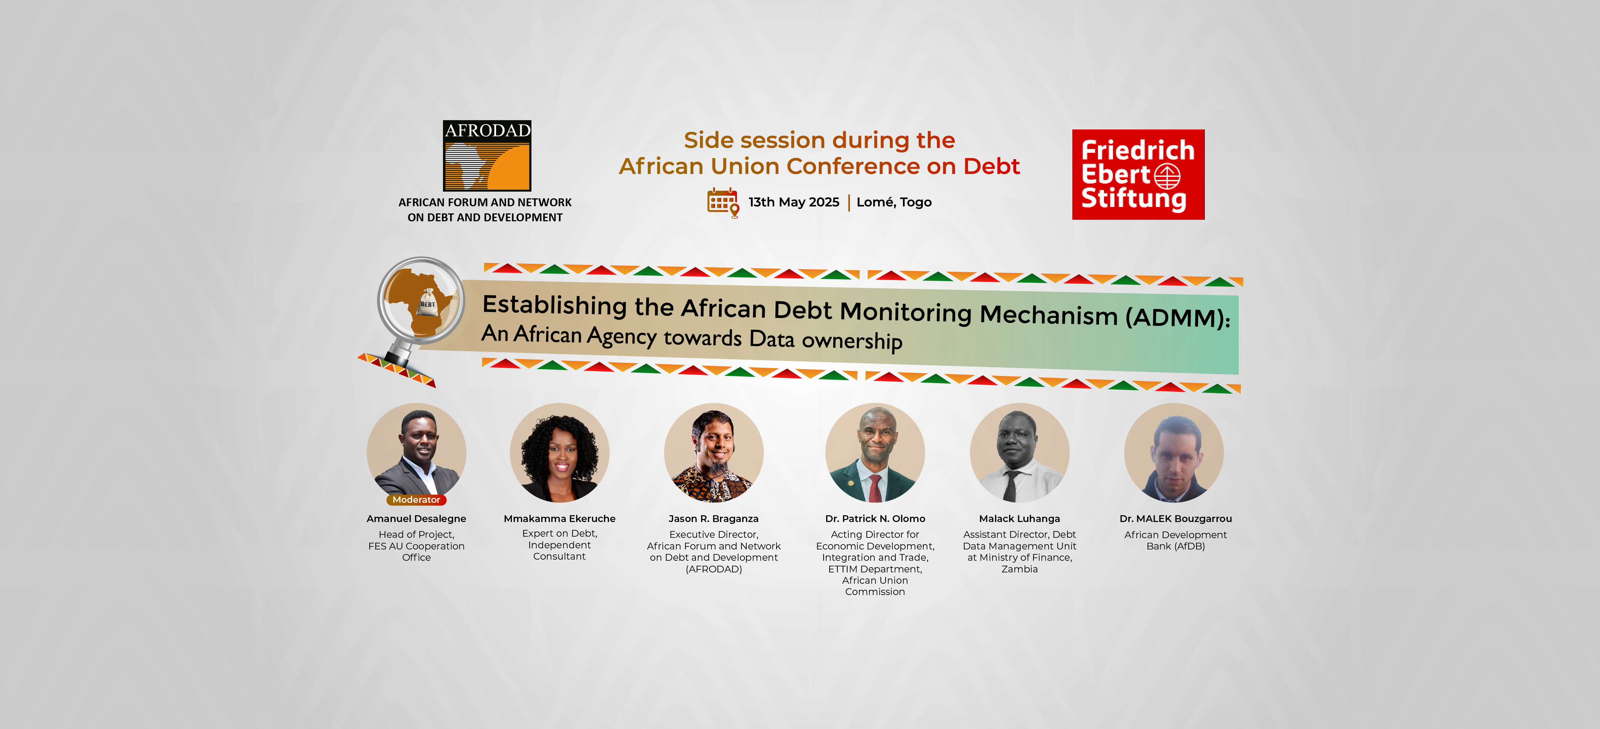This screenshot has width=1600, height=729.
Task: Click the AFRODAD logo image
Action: click(487, 155)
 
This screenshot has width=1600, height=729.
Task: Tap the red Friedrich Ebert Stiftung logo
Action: click(1138, 175)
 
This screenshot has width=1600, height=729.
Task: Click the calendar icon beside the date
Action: click(723, 202)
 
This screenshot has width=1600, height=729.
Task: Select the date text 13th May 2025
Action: click(794, 202)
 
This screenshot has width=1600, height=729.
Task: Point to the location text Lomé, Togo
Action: click(894, 202)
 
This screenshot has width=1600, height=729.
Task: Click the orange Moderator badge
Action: click(416, 500)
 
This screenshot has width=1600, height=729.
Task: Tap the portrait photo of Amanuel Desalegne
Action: click(416, 452)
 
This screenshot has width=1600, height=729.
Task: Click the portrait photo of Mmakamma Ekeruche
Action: click(560, 452)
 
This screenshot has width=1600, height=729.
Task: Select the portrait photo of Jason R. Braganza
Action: click(714, 452)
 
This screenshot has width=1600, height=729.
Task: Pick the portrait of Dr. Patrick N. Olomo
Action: click(875, 452)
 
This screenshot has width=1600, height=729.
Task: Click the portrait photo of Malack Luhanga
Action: click(1020, 452)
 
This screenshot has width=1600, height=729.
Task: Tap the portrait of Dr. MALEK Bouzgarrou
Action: click(1174, 452)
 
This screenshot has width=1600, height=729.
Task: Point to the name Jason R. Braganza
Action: click(714, 519)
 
